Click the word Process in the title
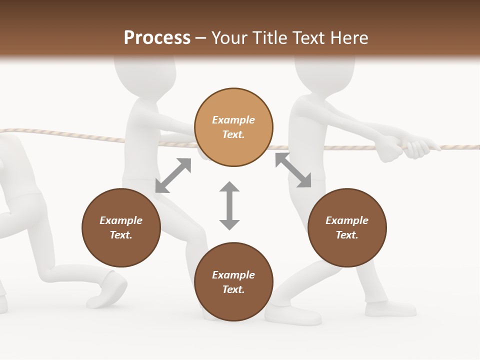point(157,38)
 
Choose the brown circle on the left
point(121,227)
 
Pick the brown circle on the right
point(347,227)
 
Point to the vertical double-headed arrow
point(229,205)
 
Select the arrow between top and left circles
point(173,175)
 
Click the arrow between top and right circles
point(293,170)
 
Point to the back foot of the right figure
point(390,308)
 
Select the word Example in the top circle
point(233,120)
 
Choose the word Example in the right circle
point(347,220)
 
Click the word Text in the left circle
point(120,235)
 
